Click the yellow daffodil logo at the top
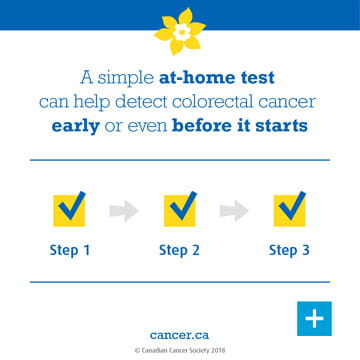[x=180, y=31]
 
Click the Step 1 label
[x=69, y=250]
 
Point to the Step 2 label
[x=180, y=250]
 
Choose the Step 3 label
[x=290, y=250]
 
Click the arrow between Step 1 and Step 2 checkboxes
[x=124, y=209]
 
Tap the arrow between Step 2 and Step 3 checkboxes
[x=235, y=209]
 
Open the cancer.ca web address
[x=180, y=335]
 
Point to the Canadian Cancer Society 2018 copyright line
[x=180, y=350]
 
